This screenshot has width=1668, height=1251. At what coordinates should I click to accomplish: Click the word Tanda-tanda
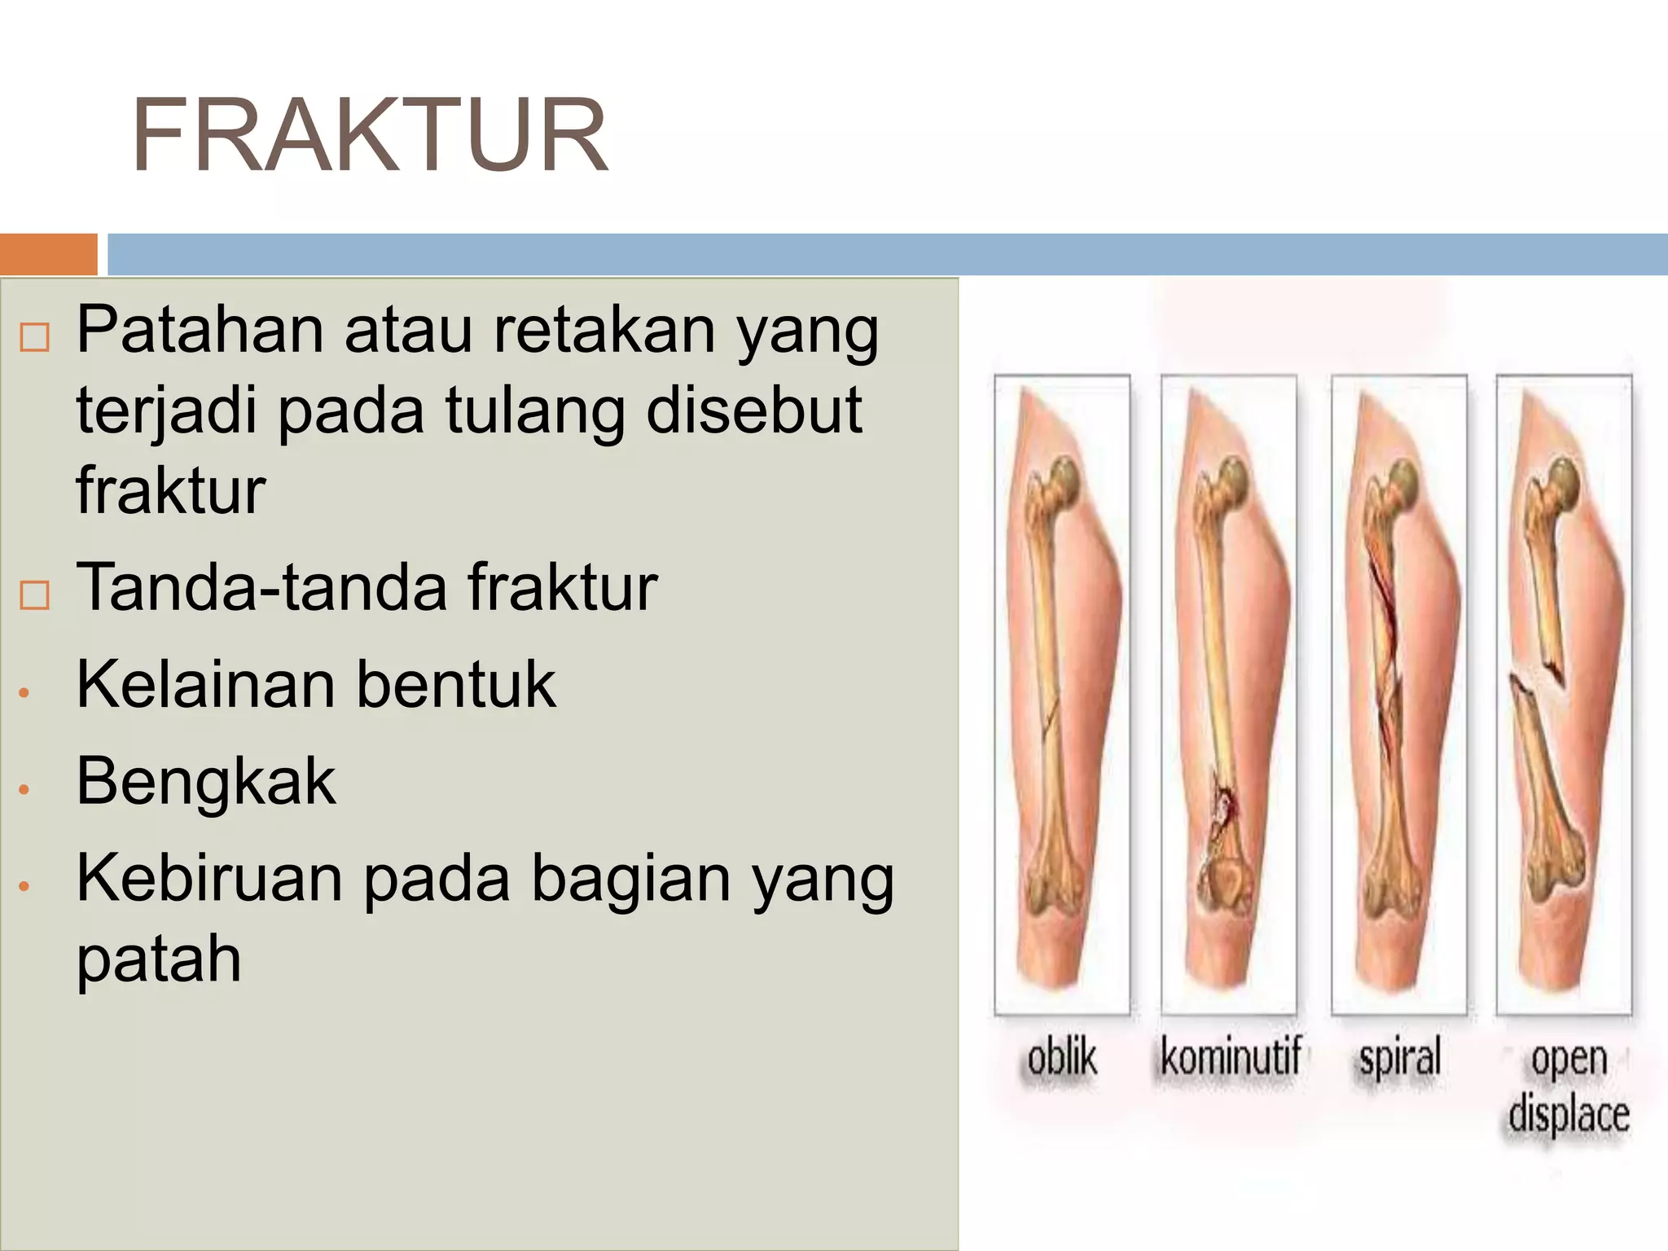[261, 586]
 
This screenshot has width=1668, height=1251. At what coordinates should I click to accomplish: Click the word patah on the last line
[159, 959]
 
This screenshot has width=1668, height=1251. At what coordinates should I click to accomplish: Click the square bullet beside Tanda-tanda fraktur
[34, 595]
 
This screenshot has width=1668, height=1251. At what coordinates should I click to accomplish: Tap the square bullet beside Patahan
[34, 336]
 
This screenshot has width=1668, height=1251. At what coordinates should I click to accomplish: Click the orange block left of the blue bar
[47, 254]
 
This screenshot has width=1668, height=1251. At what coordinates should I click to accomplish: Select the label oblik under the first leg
[1061, 1058]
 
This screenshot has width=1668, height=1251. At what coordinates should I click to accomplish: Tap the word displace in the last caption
[1569, 1113]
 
